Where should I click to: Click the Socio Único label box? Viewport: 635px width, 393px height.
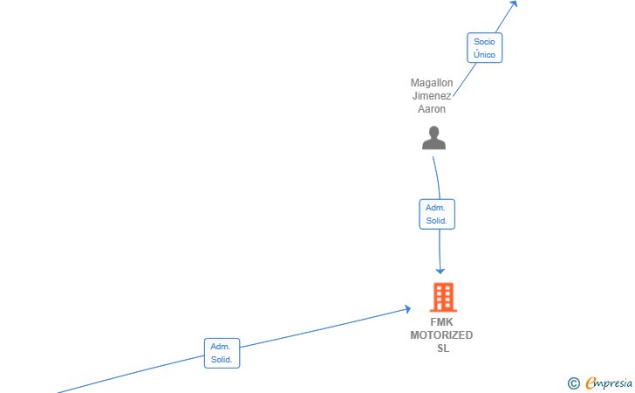[484, 48]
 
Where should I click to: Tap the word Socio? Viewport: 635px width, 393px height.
[484, 41]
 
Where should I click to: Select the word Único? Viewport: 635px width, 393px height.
[484, 54]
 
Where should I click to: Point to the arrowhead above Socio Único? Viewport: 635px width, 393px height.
[514, 3]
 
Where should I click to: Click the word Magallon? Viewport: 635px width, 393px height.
[432, 83]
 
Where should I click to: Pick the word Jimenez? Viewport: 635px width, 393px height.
[432, 96]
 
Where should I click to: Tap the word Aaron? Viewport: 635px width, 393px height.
[432, 108]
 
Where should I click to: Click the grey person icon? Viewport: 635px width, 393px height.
[434, 138]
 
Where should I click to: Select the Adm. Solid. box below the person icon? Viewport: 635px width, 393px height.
[437, 214]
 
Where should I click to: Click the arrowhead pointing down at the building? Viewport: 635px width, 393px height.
[440, 271]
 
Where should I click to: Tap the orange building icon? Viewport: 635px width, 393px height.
[443, 297]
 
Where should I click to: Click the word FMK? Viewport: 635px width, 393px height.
[441, 322]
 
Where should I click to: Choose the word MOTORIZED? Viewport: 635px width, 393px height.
[441, 335]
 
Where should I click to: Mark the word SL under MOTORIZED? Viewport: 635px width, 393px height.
[443, 348]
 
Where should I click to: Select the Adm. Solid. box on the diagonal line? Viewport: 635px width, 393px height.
[222, 353]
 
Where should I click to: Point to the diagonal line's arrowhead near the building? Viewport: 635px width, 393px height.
[408, 309]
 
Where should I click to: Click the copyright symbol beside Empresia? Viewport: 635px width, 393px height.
[574, 383]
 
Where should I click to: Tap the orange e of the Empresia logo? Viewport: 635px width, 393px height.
[591, 383]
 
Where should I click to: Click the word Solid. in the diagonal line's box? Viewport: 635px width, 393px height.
[222, 360]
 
